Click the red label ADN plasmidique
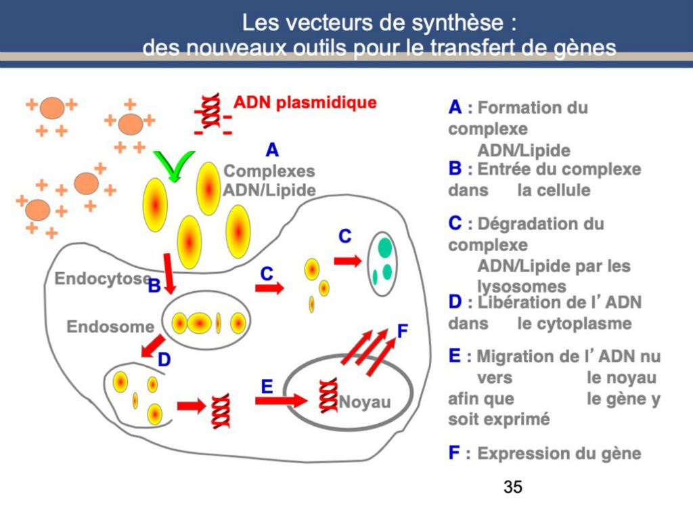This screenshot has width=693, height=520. click(x=305, y=104)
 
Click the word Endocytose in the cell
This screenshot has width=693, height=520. click(x=102, y=278)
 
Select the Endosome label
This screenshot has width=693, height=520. click(x=110, y=327)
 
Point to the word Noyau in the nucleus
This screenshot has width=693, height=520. click(x=365, y=402)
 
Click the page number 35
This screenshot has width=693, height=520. click(x=513, y=486)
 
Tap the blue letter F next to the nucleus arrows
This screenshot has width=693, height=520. click(x=403, y=331)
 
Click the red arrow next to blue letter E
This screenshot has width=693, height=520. click(x=281, y=400)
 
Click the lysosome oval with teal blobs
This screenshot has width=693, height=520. click(x=382, y=263)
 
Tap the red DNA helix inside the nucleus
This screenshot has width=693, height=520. click(x=329, y=395)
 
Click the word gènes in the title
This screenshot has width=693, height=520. click(x=581, y=49)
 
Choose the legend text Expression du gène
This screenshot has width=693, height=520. click(x=559, y=454)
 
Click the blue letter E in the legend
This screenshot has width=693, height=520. click(x=455, y=356)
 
